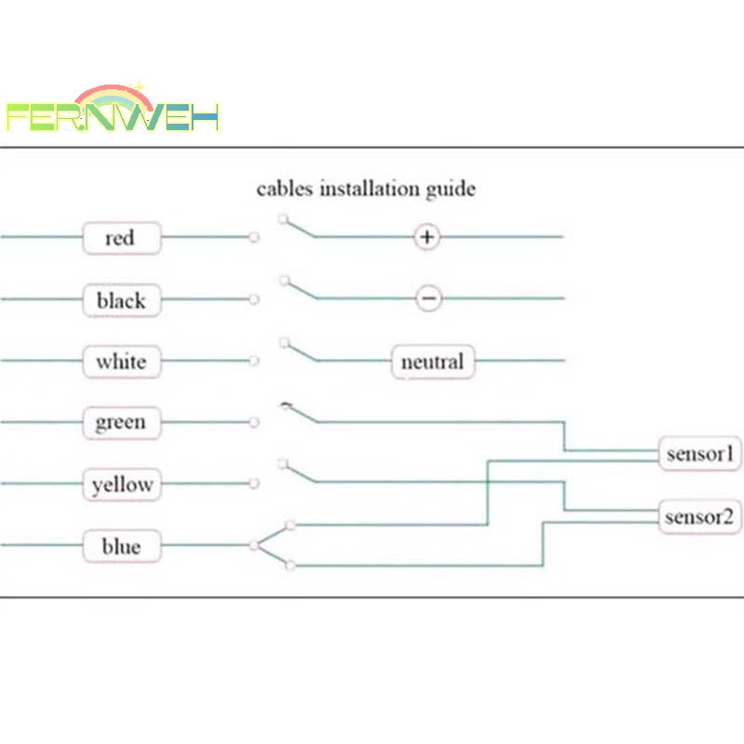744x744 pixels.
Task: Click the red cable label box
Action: [x=122, y=238]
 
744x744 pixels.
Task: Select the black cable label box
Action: [x=122, y=299]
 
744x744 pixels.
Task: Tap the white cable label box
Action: [x=122, y=362]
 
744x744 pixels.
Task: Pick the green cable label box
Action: [x=122, y=423]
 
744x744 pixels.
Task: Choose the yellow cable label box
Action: [x=122, y=485]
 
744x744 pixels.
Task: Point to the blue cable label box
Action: [x=122, y=546]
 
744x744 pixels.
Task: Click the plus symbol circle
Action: [x=427, y=236]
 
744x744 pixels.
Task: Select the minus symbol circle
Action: [x=429, y=299]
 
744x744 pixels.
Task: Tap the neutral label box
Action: [x=432, y=362]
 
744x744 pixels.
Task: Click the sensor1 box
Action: [x=700, y=454]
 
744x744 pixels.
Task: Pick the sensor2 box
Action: [x=700, y=517]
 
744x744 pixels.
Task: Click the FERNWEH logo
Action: [x=112, y=108]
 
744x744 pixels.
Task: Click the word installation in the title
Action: [x=369, y=189]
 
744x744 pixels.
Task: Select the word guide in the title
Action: [x=450, y=190]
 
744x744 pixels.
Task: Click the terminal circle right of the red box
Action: [x=254, y=237]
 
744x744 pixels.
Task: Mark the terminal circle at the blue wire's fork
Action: [x=254, y=545]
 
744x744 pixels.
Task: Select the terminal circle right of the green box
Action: [x=254, y=422]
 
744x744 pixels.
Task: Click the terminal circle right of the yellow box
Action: [x=254, y=483]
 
